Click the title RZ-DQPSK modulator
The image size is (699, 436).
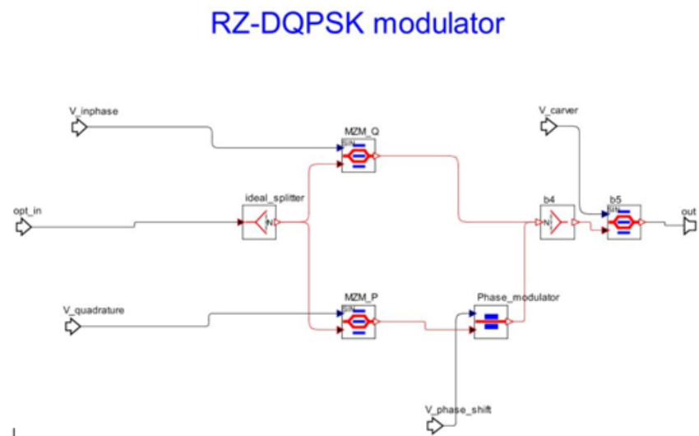(356, 24)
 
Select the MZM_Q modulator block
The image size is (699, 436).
(359, 155)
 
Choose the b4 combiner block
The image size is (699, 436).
(556, 222)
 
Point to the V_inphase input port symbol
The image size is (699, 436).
(79, 128)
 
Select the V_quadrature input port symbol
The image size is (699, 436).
(73, 327)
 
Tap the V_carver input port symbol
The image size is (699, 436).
(549, 126)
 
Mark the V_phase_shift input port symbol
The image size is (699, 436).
(435, 424)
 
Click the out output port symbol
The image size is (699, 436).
(689, 226)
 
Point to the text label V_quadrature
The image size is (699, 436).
(93, 310)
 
